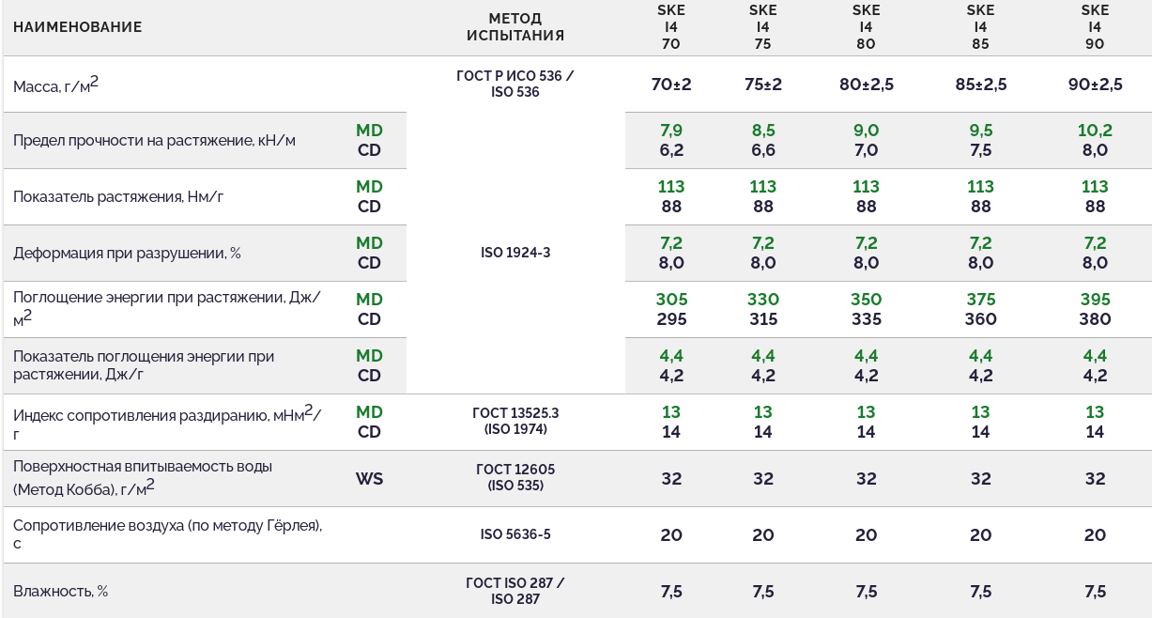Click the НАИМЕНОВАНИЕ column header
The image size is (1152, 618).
click(78, 27)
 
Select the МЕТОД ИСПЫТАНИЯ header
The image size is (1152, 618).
click(515, 27)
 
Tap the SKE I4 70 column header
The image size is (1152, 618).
click(670, 27)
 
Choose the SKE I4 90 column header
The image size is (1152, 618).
click(1095, 27)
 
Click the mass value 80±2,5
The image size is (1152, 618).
click(866, 85)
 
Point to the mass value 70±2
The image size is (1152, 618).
click(670, 85)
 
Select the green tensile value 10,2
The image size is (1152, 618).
click(1095, 131)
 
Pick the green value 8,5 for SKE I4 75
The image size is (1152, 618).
click(762, 131)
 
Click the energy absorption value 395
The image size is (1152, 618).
click(1095, 300)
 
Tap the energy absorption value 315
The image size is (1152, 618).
click(762, 319)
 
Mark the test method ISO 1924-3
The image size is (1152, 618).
click(515, 253)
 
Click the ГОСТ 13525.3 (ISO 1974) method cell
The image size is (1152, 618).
click(515, 421)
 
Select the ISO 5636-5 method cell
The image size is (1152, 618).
click(515, 534)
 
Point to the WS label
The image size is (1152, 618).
click(369, 479)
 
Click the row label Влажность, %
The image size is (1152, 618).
click(61, 592)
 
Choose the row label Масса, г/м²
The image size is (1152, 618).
click(55, 85)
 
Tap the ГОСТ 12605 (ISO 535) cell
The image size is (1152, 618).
click(515, 477)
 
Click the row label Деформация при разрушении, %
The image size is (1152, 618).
click(127, 254)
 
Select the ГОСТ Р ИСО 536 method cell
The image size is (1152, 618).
click(515, 84)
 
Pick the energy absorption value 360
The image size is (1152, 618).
click(980, 319)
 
